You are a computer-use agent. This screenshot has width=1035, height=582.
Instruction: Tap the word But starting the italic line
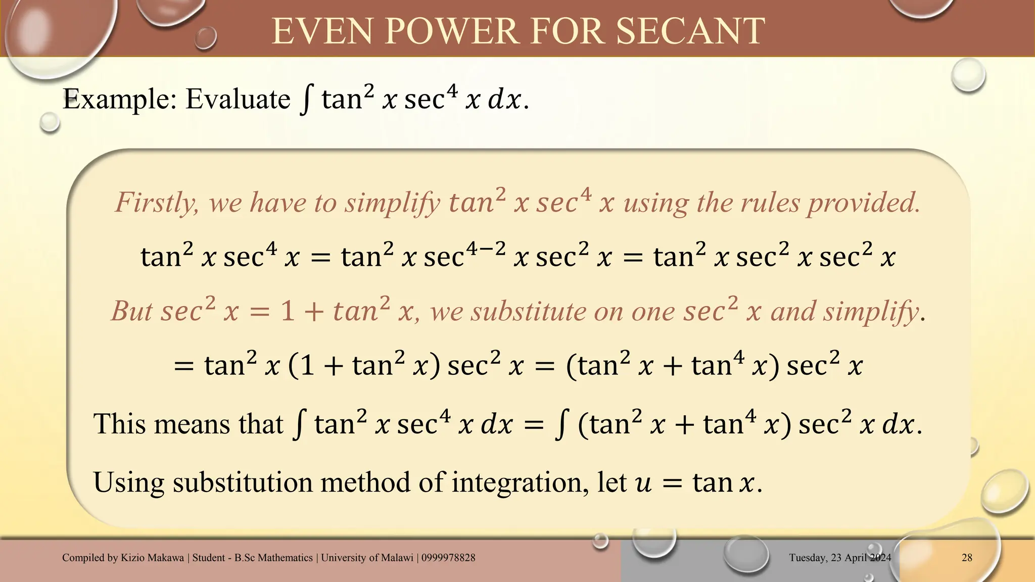coord(132,311)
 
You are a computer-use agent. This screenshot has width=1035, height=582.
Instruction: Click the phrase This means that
coord(188,423)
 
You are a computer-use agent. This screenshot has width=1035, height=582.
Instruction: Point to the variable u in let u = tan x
coord(643,484)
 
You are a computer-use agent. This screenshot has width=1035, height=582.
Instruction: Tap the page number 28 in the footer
coord(967,558)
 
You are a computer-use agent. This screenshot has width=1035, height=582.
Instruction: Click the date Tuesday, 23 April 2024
coord(840,558)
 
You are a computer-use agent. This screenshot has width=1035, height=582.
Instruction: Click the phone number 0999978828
coord(448,558)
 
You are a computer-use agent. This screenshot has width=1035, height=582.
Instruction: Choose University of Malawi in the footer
coord(367,558)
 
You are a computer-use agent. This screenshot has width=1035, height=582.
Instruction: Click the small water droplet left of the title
coord(206,38)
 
